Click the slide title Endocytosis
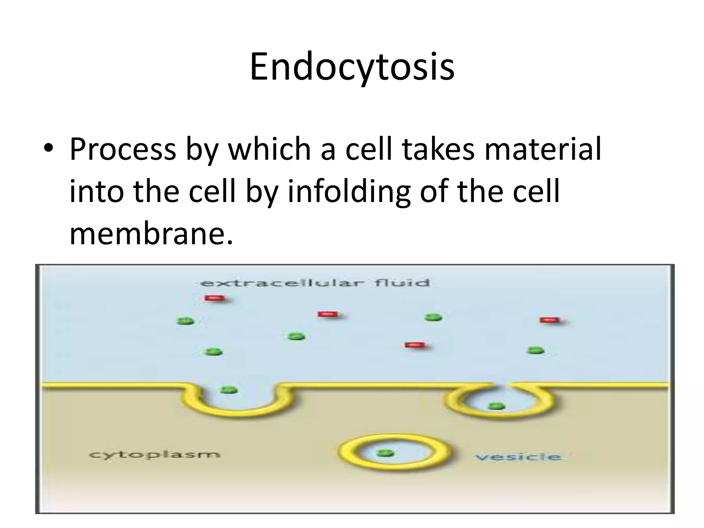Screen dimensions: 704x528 click(x=352, y=67)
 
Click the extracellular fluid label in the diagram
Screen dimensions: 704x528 click(x=315, y=283)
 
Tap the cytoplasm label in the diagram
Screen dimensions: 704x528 click(x=154, y=455)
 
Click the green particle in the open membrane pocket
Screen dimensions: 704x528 click(x=229, y=390)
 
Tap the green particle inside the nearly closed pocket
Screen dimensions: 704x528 click(x=496, y=406)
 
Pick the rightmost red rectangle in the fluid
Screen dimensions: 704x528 click(x=550, y=320)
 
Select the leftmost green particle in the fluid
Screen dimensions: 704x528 click(x=186, y=321)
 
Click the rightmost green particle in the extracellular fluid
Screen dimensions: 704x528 click(x=536, y=350)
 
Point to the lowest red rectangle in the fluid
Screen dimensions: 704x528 click(x=415, y=345)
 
